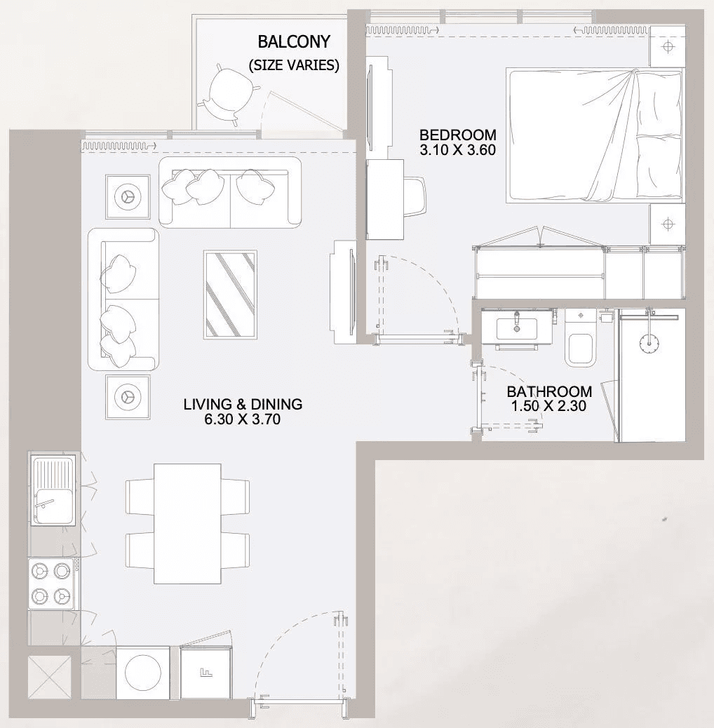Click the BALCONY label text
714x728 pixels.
(294, 42)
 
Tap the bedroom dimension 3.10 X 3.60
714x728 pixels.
(458, 150)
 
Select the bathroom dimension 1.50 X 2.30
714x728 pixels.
(548, 406)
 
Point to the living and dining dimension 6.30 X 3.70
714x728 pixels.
(243, 419)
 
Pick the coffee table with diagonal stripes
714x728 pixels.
(230, 295)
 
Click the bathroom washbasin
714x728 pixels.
(517, 328)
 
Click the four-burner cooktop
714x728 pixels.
(51, 584)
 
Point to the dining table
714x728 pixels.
(187, 523)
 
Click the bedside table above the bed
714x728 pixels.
(668, 46)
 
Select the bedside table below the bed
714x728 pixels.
(668, 224)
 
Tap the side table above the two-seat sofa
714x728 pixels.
(128, 196)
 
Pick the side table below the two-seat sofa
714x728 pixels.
(128, 397)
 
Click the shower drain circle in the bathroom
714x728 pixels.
(649, 343)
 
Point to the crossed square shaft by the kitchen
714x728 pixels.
(49, 677)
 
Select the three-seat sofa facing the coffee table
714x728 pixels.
(230, 192)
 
